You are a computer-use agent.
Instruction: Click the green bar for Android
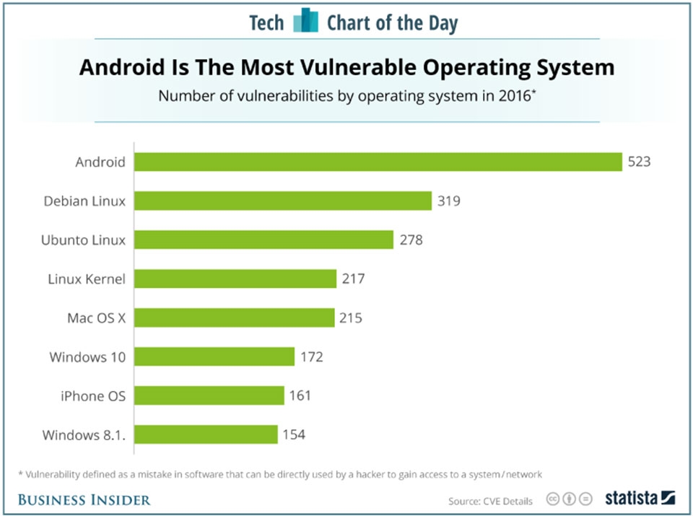pyautogui.click(x=378, y=162)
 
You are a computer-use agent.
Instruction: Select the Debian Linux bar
pyautogui.click(x=283, y=201)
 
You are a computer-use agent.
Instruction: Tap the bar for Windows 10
pyautogui.click(x=215, y=357)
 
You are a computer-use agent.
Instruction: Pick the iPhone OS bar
pyautogui.click(x=209, y=395)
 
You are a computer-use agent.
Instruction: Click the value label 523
pyautogui.click(x=639, y=162)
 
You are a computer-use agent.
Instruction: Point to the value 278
pyautogui.click(x=411, y=240)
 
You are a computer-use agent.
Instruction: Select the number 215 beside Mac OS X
pyautogui.click(x=351, y=318)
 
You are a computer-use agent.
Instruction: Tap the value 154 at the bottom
pyautogui.click(x=294, y=434)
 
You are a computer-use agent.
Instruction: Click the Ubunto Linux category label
pyautogui.click(x=83, y=240)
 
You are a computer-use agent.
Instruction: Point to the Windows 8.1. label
pyautogui.click(x=84, y=434)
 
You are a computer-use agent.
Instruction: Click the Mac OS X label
pyautogui.click(x=96, y=318)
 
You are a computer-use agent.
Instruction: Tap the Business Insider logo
pyautogui.click(x=84, y=499)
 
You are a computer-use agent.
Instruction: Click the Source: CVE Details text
pyautogui.click(x=490, y=500)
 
